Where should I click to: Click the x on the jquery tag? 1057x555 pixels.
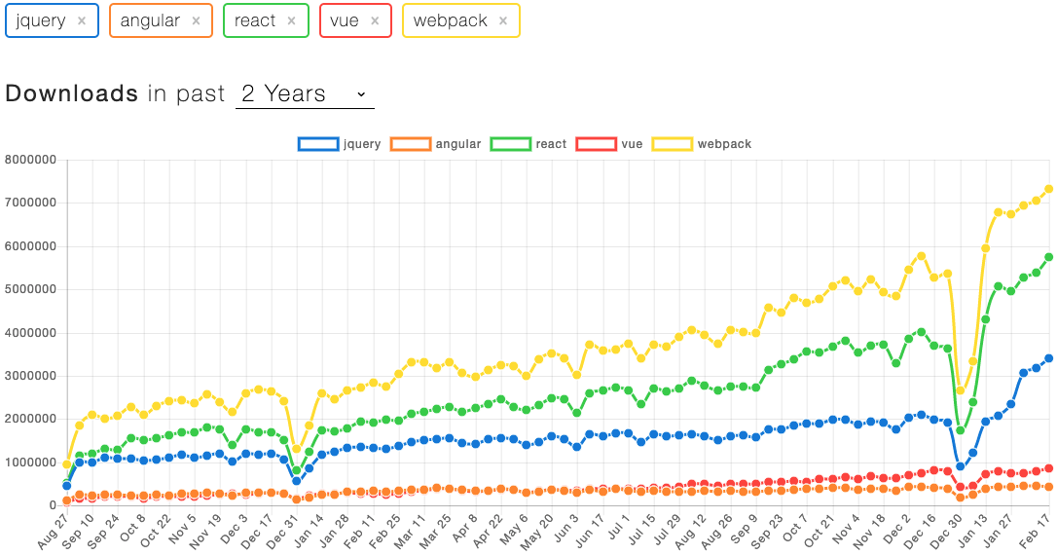[x=82, y=20]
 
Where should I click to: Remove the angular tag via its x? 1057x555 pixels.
[x=196, y=20]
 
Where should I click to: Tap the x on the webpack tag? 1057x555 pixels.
[x=503, y=20]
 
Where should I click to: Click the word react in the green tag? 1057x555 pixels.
[x=255, y=20]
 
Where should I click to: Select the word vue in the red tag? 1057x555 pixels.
[x=345, y=20]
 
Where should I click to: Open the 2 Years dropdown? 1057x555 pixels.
[x=305, y=93]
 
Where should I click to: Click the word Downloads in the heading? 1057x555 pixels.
[x=72, y=93]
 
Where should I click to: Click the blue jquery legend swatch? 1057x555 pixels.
[x=317, y=144]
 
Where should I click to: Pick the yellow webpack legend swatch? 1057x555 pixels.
[x=672, y=144]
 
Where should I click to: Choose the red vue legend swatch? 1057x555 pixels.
[x=596, y=144]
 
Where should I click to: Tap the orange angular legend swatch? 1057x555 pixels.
[x=410, y=144]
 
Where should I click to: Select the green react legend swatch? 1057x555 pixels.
[x=510, y=144]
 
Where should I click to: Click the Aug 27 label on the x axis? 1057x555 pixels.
[x=55, y=533]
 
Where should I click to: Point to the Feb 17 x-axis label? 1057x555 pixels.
[x=1038, y=533]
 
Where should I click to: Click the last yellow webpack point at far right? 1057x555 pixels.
[x=1049, y=189]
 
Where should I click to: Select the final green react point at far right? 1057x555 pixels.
[x=1049, y=257]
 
